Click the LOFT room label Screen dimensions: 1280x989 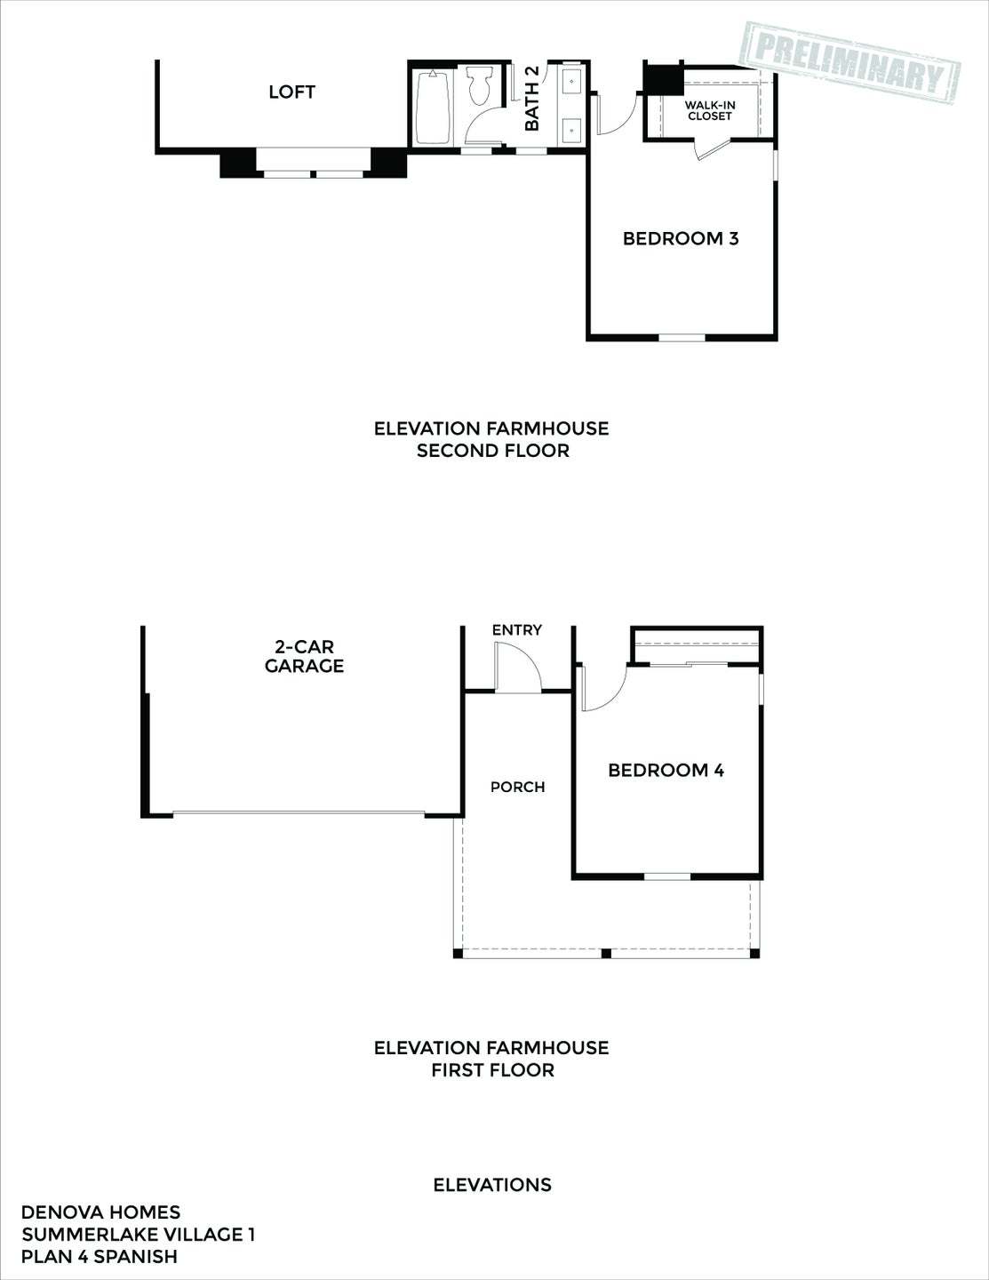click(x=291, y=92)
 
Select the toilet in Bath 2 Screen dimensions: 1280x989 click(x=481, y=89)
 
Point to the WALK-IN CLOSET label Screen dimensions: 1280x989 click(x=709, y=110)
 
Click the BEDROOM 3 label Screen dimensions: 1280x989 click(x=681, y=238)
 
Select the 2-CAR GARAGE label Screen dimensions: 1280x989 click(x=304, y=656)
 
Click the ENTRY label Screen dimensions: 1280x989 click(x=516, y=629)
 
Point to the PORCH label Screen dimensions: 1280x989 click(x=517, y=787)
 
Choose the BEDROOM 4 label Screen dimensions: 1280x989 click(x=666, y=771)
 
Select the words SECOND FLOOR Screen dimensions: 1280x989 click(x=492, y=451)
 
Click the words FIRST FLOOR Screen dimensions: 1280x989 click(x=492, y=1070)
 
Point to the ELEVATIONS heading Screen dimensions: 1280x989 click(x=492, y=1185)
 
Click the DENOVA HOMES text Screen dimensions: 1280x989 click(x=100, y=1212)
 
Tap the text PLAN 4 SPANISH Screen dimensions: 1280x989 click(x=100, y=1256)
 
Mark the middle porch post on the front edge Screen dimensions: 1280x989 click(x=606, y=954)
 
